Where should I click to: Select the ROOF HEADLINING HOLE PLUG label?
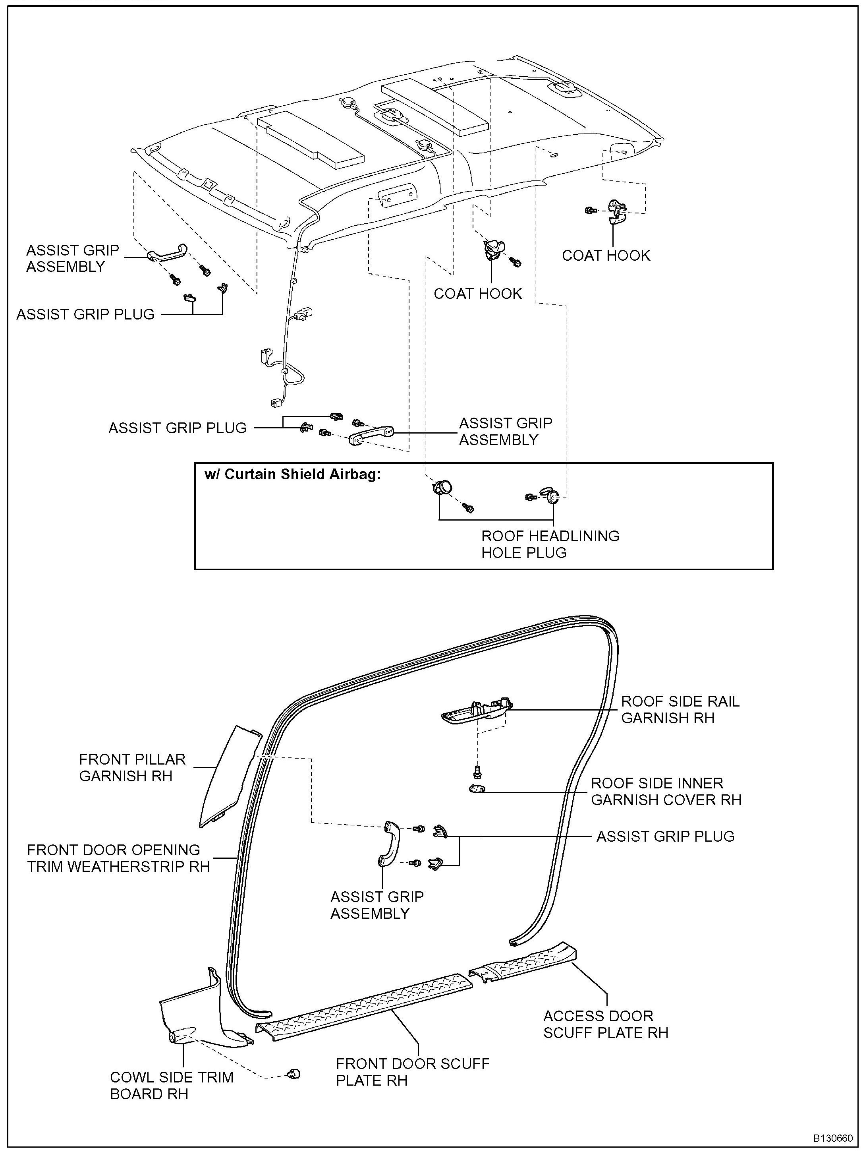click(x=550, y=544)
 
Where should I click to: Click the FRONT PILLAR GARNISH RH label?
click(x=132, y=767)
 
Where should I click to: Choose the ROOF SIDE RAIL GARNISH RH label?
click(x=680, y=709)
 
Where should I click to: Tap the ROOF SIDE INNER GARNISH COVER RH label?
click(x=665, y=792)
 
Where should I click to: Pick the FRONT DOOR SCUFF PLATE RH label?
click(x=412, y=1072)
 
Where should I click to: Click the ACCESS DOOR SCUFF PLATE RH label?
click(x=605, y=1024)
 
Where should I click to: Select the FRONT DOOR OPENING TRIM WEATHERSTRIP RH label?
click(x=118, y=858)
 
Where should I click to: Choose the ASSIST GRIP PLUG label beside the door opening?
click(x=665, y=836)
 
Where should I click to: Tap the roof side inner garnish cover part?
click(x=476, y=788)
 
